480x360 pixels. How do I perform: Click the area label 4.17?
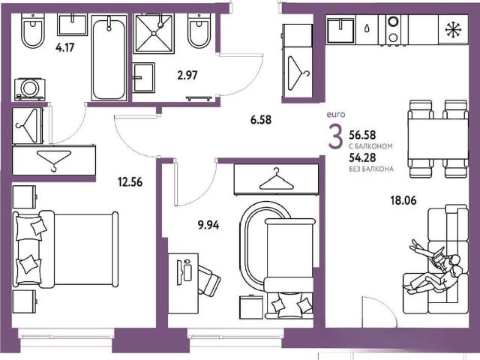[65, 48]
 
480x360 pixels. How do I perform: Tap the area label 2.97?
[187, 75]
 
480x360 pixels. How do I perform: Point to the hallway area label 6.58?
[261, 120]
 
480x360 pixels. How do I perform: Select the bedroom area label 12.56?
[130, 182]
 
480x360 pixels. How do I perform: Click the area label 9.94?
[208, 225]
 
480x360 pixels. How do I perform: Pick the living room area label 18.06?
[403, 200]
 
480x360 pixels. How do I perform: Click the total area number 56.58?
[362, 135]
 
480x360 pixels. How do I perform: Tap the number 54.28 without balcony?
[362, 157]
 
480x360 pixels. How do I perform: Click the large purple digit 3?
[335, 137]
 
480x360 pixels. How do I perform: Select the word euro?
[336, 115]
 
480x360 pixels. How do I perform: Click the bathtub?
[109, 58]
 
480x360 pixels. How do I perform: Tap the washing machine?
[30, 89]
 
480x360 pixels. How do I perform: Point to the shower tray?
[154, 34]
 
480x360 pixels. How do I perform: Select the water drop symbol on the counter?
[367, 29]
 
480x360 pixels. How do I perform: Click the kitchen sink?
[340, 30]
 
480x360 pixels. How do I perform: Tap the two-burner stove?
[393, 30]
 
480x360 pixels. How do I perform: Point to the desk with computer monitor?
[183, 283]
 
